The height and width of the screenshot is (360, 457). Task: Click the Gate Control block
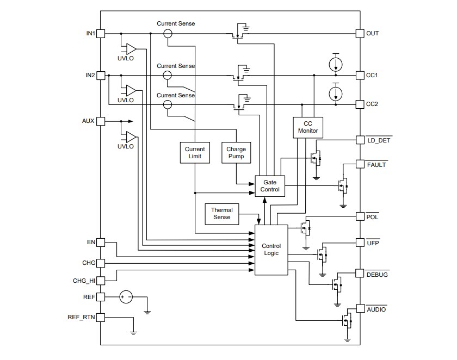pos(270,185)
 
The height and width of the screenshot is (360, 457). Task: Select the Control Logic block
pos(271,250)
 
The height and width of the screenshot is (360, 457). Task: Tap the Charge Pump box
pos(236,153)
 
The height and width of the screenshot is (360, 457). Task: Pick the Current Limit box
pos(194,153)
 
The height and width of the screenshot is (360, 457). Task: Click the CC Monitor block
pos(308,127)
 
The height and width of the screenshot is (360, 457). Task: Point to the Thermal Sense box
pos(221,213)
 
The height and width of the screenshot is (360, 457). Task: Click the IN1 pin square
pos(101,34)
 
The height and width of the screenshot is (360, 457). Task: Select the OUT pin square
pos(360,34)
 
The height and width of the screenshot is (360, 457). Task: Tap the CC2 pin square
pos(360,104)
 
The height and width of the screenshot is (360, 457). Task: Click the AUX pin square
pos(101,121)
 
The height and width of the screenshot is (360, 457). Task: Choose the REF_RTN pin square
pos(101,317)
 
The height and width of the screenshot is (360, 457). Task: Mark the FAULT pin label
pos(376,164)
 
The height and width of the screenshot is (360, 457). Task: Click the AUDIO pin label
pos(376,309)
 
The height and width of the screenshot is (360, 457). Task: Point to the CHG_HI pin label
pos(84,281)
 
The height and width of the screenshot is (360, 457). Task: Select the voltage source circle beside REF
pos(126,297)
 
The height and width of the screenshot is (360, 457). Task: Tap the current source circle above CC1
pos(336,64)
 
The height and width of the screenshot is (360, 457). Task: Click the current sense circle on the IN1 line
pos(168,34)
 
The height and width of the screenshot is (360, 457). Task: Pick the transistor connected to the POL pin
pos(306,227)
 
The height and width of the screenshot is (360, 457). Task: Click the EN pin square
pos(101,243)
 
